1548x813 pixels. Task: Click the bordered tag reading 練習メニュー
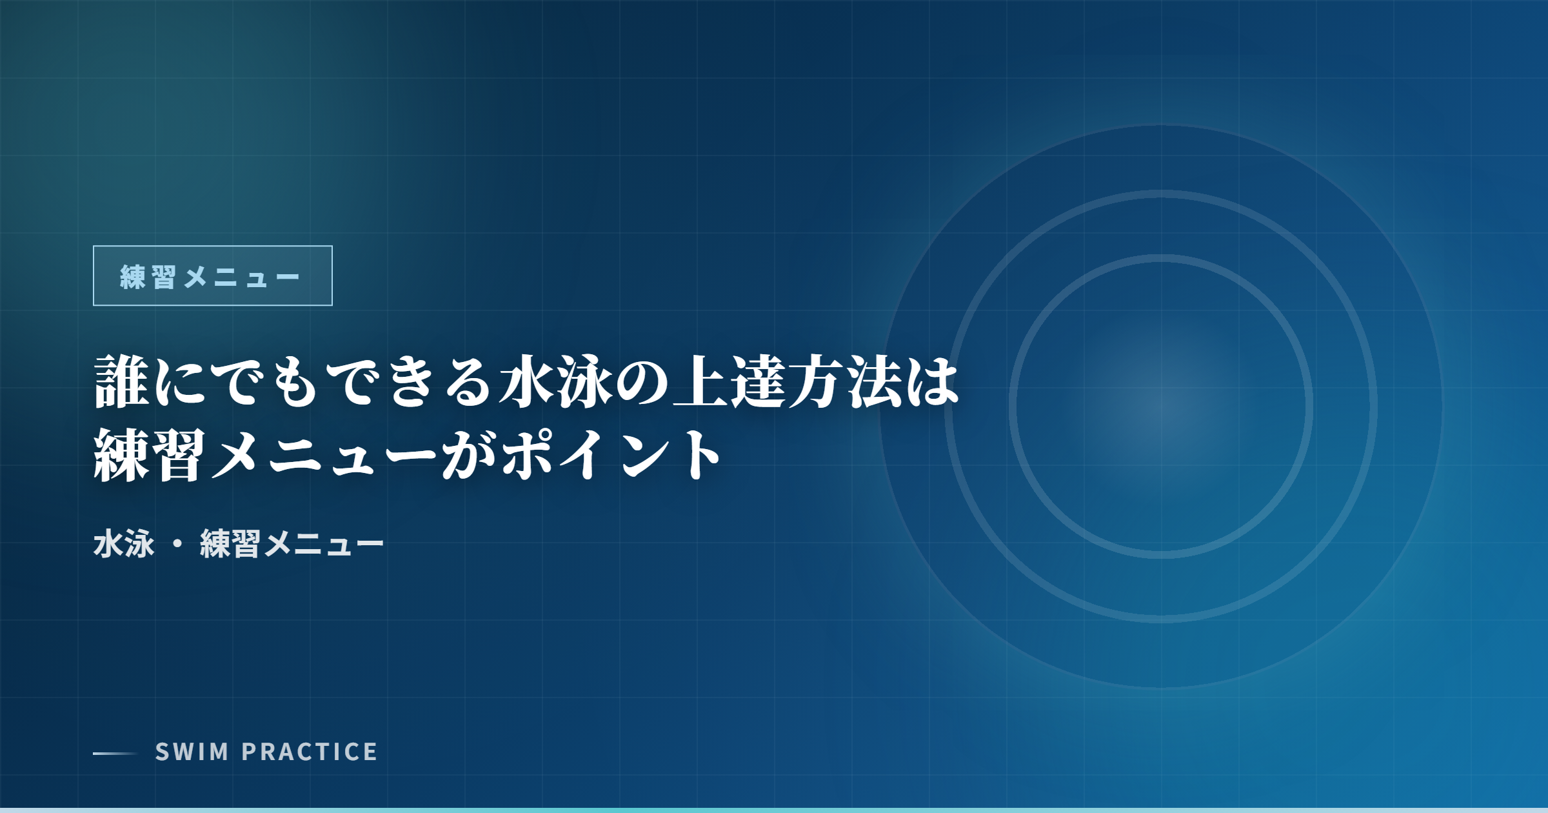(x=212, y=276)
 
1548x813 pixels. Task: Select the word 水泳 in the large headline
(x=556, y=382)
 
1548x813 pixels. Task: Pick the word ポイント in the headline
(x=611, y=455)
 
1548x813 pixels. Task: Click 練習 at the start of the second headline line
(x=150, y=455)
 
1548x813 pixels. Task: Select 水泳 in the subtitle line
(x=124, y=544)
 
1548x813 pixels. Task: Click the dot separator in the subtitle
(x=177, y=544)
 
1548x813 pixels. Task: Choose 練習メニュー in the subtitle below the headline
(x=292, y=544)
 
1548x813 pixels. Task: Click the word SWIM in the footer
(x=192, y=752)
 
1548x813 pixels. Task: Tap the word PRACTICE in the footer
(x=310, y=752)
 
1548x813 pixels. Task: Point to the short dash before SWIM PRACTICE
(x=115, y=753)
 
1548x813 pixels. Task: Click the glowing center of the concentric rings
(x=1161, y=406)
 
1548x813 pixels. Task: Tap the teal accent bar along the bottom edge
(x=774, y=810)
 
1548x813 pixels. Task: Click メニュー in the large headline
(x=322, y=455)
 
